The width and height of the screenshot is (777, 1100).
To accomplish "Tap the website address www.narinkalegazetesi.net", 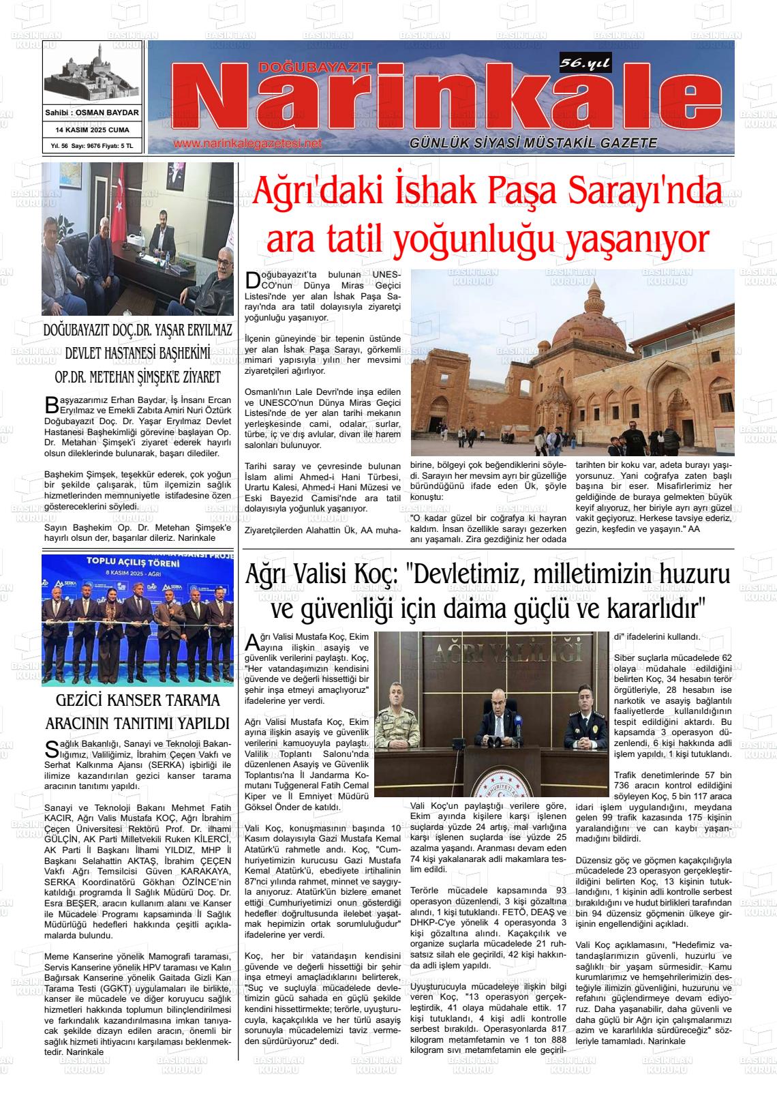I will pyautogui.click(x=247, y=144).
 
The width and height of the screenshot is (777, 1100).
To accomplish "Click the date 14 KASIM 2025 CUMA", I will pyautogui.click(x=92, y=130).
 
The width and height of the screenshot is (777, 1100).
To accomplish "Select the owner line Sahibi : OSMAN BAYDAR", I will pyautogui.click(x=92, y=113).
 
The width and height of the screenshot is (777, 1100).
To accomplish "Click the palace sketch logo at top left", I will pyautogui.click(x=92, y=75).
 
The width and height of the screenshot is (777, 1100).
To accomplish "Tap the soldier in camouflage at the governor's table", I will pyautogui.click(x=401, y=716).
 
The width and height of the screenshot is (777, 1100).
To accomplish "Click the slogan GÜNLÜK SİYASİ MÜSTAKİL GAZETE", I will pyautogui.click(x=533, y=143).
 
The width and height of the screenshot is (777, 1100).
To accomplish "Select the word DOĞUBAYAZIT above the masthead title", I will pyautogui.click(x=314, y=66).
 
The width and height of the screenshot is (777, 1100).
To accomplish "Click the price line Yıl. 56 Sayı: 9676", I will pyautogui.click(x=92, y=146).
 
